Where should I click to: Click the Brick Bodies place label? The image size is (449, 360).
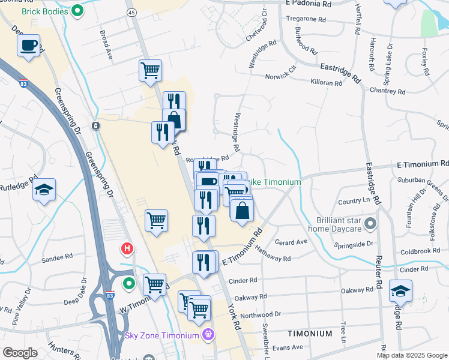pyautogui.click(x=46, y=11)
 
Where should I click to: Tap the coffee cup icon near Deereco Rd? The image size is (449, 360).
pyautogui.click(x=29, y=46)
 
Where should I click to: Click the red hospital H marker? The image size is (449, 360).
pyautogui.click(x=127, y=248)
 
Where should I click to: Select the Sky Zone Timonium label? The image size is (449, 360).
pyautogui.click(x=162, y=335)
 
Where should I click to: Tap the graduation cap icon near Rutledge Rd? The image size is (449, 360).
pyautogui.click(x=44, y=190)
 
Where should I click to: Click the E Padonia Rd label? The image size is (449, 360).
pyautogui.click(x=309, y=3)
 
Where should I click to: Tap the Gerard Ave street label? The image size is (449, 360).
pyautogui.click(x=291, y=242)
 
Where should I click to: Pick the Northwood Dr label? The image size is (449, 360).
pyautogui.click(x=261, y=314)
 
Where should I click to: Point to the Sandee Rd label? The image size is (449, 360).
pyautogui.click(x=56, y=260)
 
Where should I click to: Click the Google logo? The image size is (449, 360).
pyautogui.click(x=20, y=353)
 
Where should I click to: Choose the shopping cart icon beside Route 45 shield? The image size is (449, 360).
pyautogui.click(x=150, y=70)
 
